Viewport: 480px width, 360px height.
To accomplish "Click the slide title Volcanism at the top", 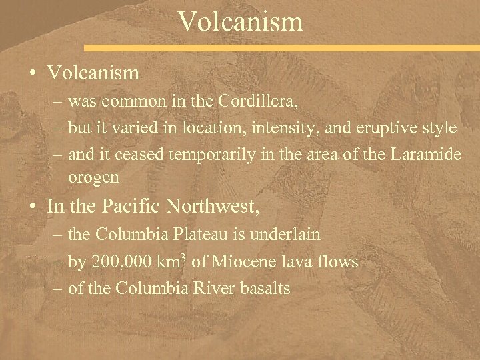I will [x=240, y=21].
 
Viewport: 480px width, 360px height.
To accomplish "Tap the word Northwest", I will [x=215, y=207].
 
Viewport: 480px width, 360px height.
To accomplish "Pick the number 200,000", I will [x=119, y=263].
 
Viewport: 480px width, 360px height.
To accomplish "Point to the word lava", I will [x=293, y=263].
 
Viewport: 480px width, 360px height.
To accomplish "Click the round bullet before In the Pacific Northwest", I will [x=33, y=207].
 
